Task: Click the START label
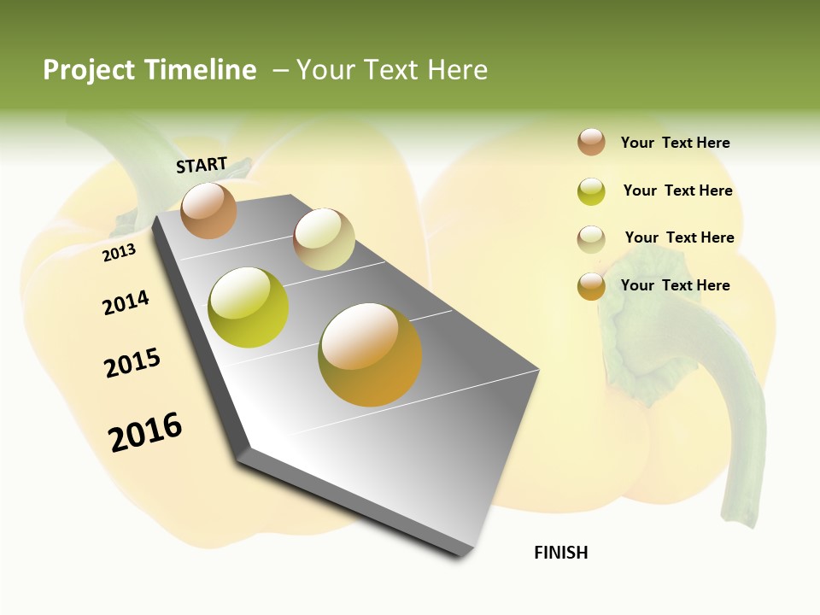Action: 202,165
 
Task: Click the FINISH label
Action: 561,553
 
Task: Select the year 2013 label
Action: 120,253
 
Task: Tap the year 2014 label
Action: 126,302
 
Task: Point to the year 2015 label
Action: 132,363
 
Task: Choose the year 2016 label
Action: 145,431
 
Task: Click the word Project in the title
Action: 90,70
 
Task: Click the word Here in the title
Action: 457,70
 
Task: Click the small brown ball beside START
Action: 209,210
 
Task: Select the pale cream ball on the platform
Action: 324,239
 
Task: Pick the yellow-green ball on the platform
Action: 249,307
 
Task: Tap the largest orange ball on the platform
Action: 370,354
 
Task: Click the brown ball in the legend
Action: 591,143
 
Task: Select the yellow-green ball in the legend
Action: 591,191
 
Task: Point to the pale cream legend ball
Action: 591,238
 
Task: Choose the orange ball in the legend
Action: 591,286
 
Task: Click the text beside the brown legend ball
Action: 675,143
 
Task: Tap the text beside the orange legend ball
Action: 675,285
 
